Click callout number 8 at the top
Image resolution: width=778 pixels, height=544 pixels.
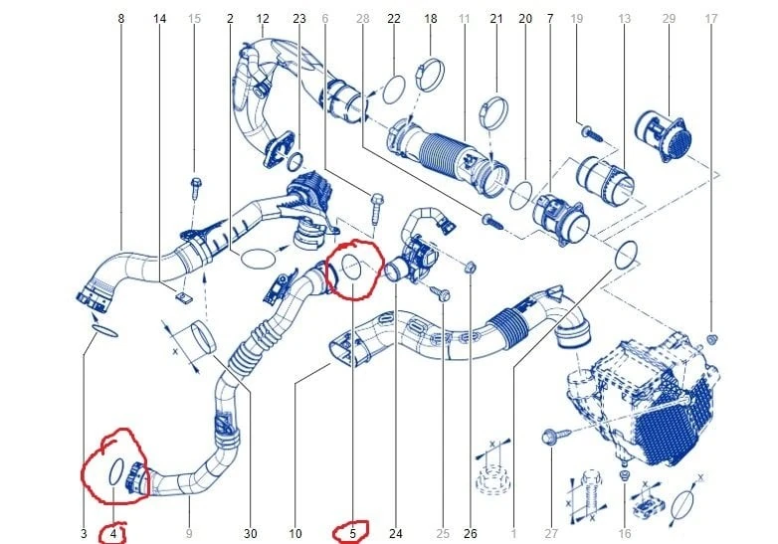121,19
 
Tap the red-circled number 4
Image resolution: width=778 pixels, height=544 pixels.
113,534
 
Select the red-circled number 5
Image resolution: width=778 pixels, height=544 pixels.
353,534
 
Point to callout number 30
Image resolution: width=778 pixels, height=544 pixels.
251,534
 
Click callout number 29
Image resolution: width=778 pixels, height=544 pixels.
669,19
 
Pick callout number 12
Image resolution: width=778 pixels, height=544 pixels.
263,19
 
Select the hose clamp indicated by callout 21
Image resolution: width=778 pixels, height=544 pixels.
493,112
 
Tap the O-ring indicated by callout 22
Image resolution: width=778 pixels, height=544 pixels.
394,90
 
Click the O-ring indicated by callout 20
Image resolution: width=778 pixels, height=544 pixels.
521,195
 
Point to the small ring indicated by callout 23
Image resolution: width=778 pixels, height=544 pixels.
295,162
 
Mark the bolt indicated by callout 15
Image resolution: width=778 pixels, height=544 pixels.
195,188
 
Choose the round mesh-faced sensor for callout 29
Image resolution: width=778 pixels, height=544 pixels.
663,135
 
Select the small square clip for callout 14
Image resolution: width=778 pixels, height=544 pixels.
185,297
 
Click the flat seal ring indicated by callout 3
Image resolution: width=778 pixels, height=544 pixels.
104,331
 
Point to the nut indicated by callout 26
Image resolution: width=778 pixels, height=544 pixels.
471,268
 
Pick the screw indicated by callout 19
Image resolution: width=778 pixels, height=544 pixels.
592,133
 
